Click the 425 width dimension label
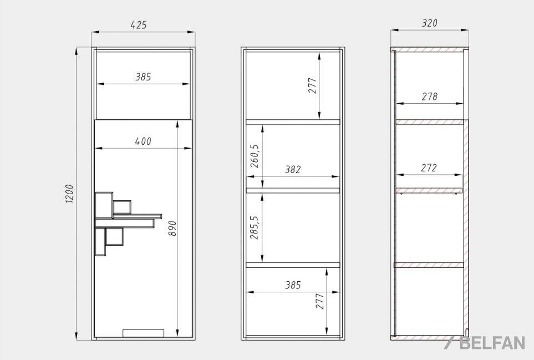(x=139, y=25)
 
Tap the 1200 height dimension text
(x=69, y=194)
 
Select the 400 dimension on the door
(x=143, y=141)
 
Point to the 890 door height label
(x=172, y=228)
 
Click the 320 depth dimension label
(x=429, y=23)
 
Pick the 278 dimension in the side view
(x=429, y=97)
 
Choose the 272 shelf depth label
(x=429, y=168)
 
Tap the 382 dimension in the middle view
(x=293, y=169)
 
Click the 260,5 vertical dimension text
(x=255, y=156)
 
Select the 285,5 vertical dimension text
(x=255, y=227)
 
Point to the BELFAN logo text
(x=492, y=343)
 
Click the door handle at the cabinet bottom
(x=144, y=332)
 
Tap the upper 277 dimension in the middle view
(x=313, y=85)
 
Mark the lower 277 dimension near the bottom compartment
(x=320, y=301)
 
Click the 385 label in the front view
(x=143, y=77)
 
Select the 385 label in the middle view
(x=293, y=285)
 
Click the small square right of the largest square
(x=122, y=207)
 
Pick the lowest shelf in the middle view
(x=293, y=265)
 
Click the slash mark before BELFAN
(x=449, y=343)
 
